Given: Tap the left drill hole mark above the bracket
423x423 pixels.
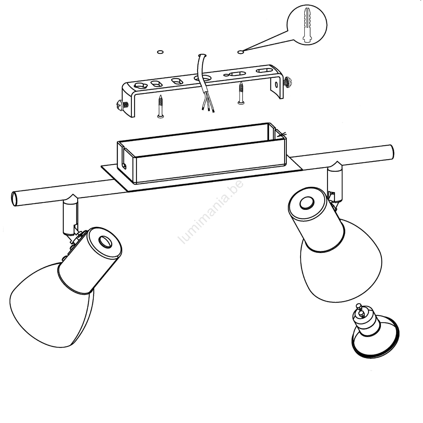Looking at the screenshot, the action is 160,52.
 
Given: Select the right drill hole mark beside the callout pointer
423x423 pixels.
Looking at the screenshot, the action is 241,52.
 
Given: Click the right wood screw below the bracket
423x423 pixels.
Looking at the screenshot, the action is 241,93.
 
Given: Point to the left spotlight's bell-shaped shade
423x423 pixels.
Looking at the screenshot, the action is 50,304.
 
